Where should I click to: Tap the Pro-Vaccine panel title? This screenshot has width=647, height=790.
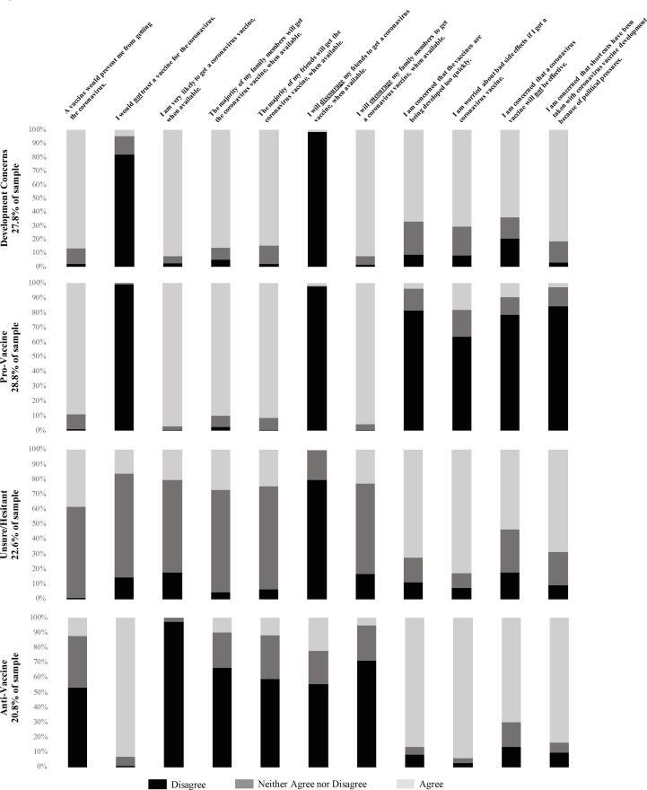[17, 355]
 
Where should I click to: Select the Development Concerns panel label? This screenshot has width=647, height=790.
[17, 198]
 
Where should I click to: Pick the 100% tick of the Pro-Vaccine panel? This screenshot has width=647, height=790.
[39, 283]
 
